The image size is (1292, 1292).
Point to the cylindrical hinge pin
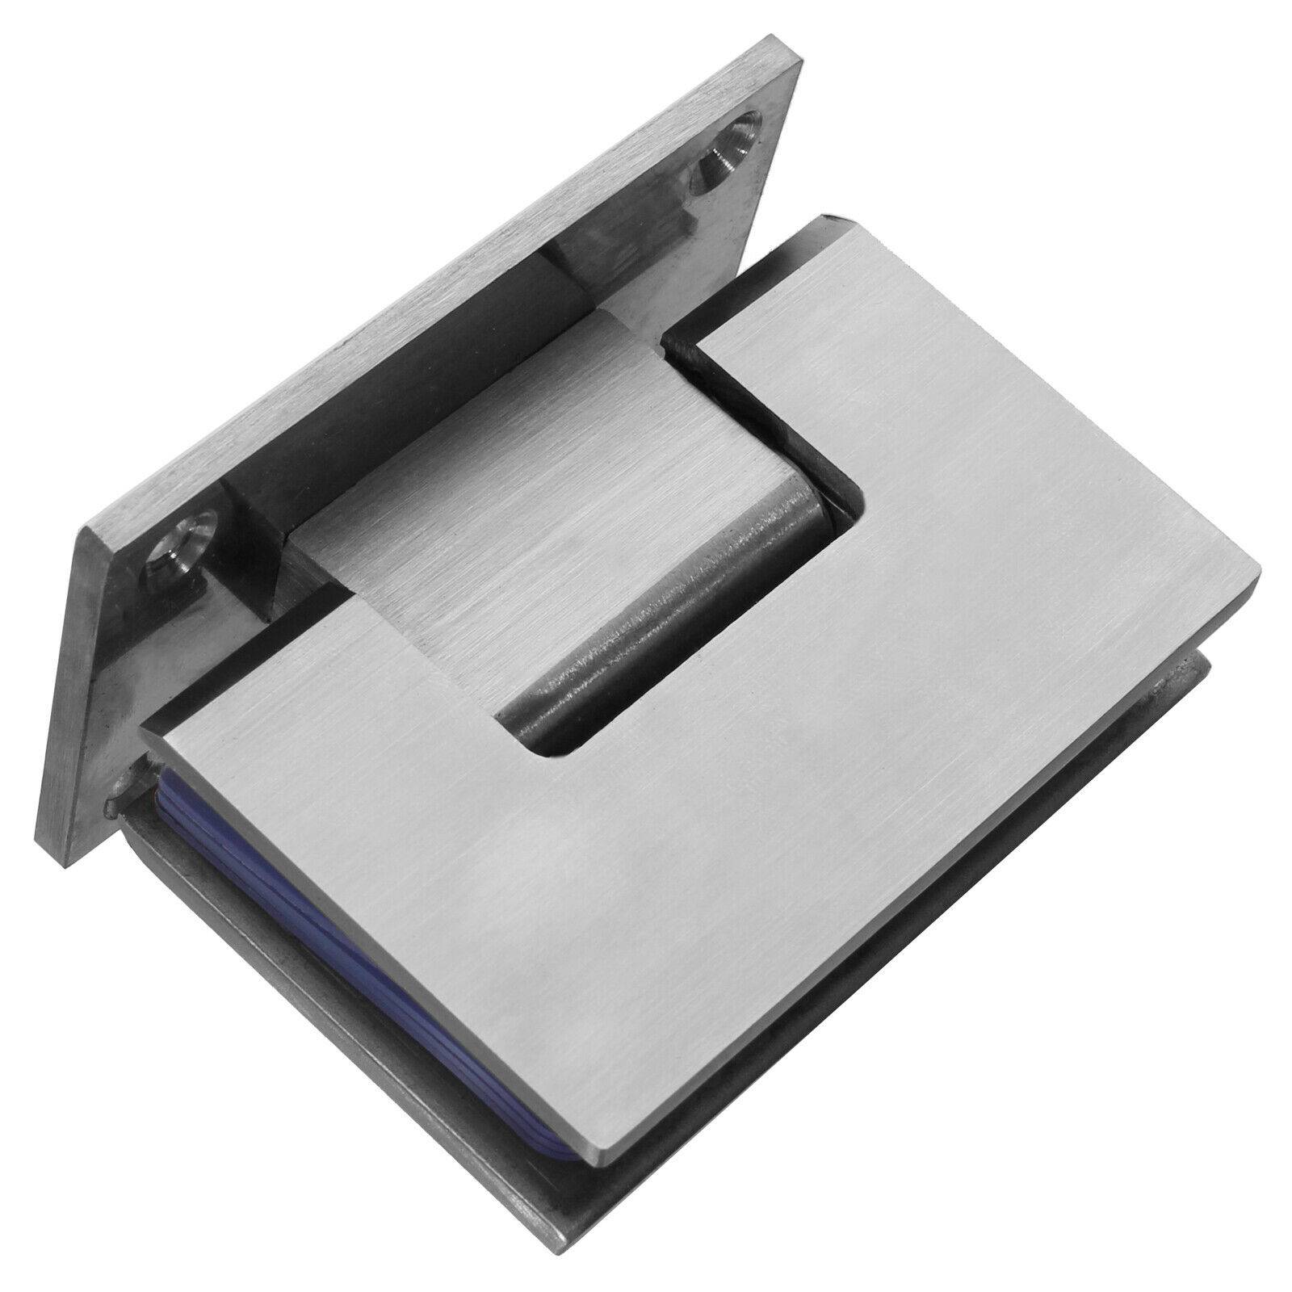click(x=662, y=614)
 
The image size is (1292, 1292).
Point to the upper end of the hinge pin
click(x=799, y=517)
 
